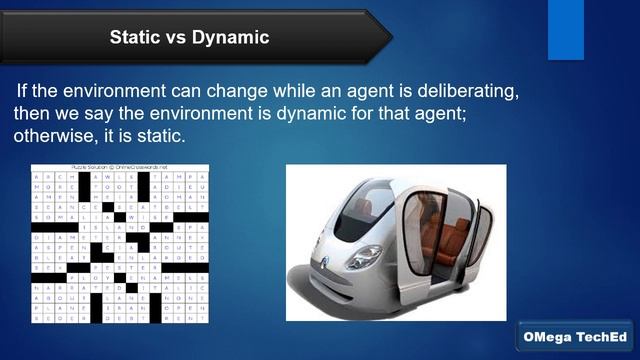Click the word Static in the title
(x=134, y=38)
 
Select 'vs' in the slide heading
(x=177, y=38)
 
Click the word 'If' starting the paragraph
(x=22, y=89)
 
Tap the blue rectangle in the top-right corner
(x=565, y=29)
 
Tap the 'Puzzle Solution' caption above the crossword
(x=119, y=167)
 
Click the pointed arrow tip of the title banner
(x=387, y=37)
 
